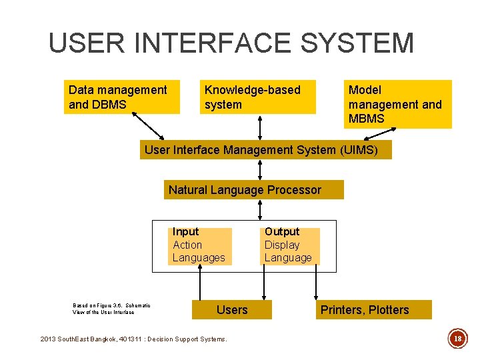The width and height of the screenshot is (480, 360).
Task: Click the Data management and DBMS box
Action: click(x=122, y=97)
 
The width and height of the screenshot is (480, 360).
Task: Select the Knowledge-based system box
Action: click(x=257, y=97)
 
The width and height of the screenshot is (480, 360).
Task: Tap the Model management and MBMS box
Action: click(x=398, y=104)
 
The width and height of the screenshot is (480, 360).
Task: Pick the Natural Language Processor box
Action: click(x=254, y=190)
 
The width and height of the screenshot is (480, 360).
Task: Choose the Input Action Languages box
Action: click(x=199, y=245)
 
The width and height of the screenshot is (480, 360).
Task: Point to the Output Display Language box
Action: click(x=289, y=245)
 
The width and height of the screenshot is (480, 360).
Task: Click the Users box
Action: click(x=232, y=309)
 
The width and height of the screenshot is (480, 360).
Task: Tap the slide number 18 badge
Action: click(x=458, y=339)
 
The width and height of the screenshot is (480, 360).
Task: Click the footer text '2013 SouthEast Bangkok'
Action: click(x=90, y=339)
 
